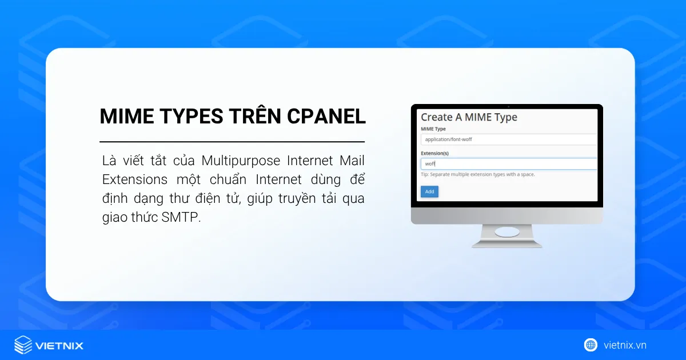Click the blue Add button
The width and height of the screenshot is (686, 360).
tap(429, 191)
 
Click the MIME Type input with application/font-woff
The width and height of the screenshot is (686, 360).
tap(508, 139)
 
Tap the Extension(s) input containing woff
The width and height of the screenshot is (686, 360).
tap(508, 164)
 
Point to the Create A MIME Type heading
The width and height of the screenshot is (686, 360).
tap(469, 117)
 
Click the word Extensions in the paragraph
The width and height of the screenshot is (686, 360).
tap(135, 179)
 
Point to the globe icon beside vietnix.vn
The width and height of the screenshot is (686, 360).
tap(591, 345)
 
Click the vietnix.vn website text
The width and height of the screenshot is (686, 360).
tap(625, 345)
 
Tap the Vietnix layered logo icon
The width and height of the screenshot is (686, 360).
tap(23, 345)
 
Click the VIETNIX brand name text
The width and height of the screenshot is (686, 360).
tap(59, 345)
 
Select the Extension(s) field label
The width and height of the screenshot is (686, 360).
tap(434, 153)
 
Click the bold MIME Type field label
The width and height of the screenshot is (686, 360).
tap(433, 129)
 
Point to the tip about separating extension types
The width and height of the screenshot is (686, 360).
tap(477, 174)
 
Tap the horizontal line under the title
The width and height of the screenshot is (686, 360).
tap(232, 141)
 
